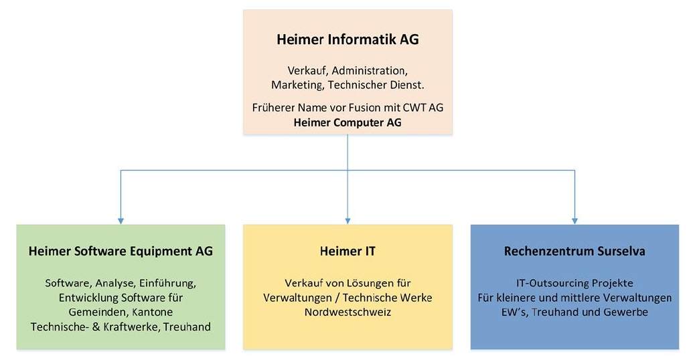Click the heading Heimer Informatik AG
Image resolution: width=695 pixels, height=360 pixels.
click(347, 39)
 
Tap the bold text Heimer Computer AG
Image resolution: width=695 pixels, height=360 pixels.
click(347, 122)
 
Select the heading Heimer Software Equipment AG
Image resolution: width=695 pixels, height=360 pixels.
click(121, 252)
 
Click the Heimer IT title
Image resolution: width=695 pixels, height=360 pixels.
click(347, 252)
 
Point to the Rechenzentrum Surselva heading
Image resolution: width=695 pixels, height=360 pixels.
click(574, 252)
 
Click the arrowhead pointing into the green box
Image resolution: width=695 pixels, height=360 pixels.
click(121, 221)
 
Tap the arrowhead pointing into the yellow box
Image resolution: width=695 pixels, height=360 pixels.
click(347, 221)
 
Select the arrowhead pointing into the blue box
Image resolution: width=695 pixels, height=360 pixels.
click(575, 221)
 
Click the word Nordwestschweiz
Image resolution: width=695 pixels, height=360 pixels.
click(347, 312)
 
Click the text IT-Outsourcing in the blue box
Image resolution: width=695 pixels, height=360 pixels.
click(550, 283)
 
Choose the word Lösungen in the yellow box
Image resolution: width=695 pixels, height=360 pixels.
click(367, 284)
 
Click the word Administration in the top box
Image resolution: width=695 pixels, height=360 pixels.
click(370, 71)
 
